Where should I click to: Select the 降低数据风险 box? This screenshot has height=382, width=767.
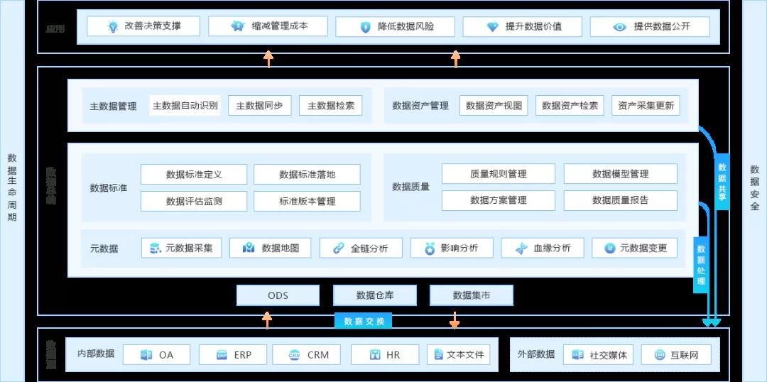tap(396, 27)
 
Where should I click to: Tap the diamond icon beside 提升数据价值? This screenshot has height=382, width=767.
tap(492, 27)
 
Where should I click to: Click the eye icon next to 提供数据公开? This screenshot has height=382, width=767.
tap(620, 27)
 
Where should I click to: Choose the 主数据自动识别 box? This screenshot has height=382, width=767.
tap(185, 106)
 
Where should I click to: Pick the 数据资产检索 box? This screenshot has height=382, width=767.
tap(570, 106)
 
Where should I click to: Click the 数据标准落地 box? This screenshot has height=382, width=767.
tap(307, 175)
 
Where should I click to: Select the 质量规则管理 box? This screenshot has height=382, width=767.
tap(498, 174)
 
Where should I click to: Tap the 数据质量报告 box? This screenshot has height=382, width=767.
tap(620, 200)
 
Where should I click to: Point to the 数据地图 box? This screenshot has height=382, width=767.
tap(271, 248)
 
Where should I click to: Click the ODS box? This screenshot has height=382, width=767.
tap(278, 295)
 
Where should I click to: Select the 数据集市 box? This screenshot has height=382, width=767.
tap(471, 295)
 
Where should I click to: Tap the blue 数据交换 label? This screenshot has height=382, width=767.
tap(364, 321)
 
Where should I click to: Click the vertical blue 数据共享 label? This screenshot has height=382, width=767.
tap(722, 182)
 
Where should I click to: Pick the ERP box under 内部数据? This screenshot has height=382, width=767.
tap(234, 354)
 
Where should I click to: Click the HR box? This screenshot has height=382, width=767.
tap(385, 354)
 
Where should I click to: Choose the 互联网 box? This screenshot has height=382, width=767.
tap(675, 354)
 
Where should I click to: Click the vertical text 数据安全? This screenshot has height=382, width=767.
tap(754, 187)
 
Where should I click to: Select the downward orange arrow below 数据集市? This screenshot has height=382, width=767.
tap(455, 320)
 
